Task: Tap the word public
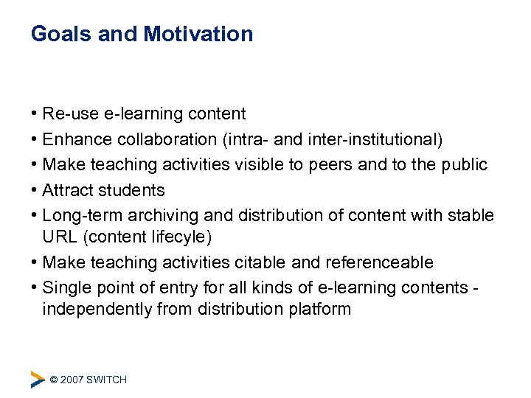click(464, 164)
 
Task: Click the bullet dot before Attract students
click(35, 190)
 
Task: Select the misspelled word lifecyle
click(177, 237)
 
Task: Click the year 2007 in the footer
click(72, 380)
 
